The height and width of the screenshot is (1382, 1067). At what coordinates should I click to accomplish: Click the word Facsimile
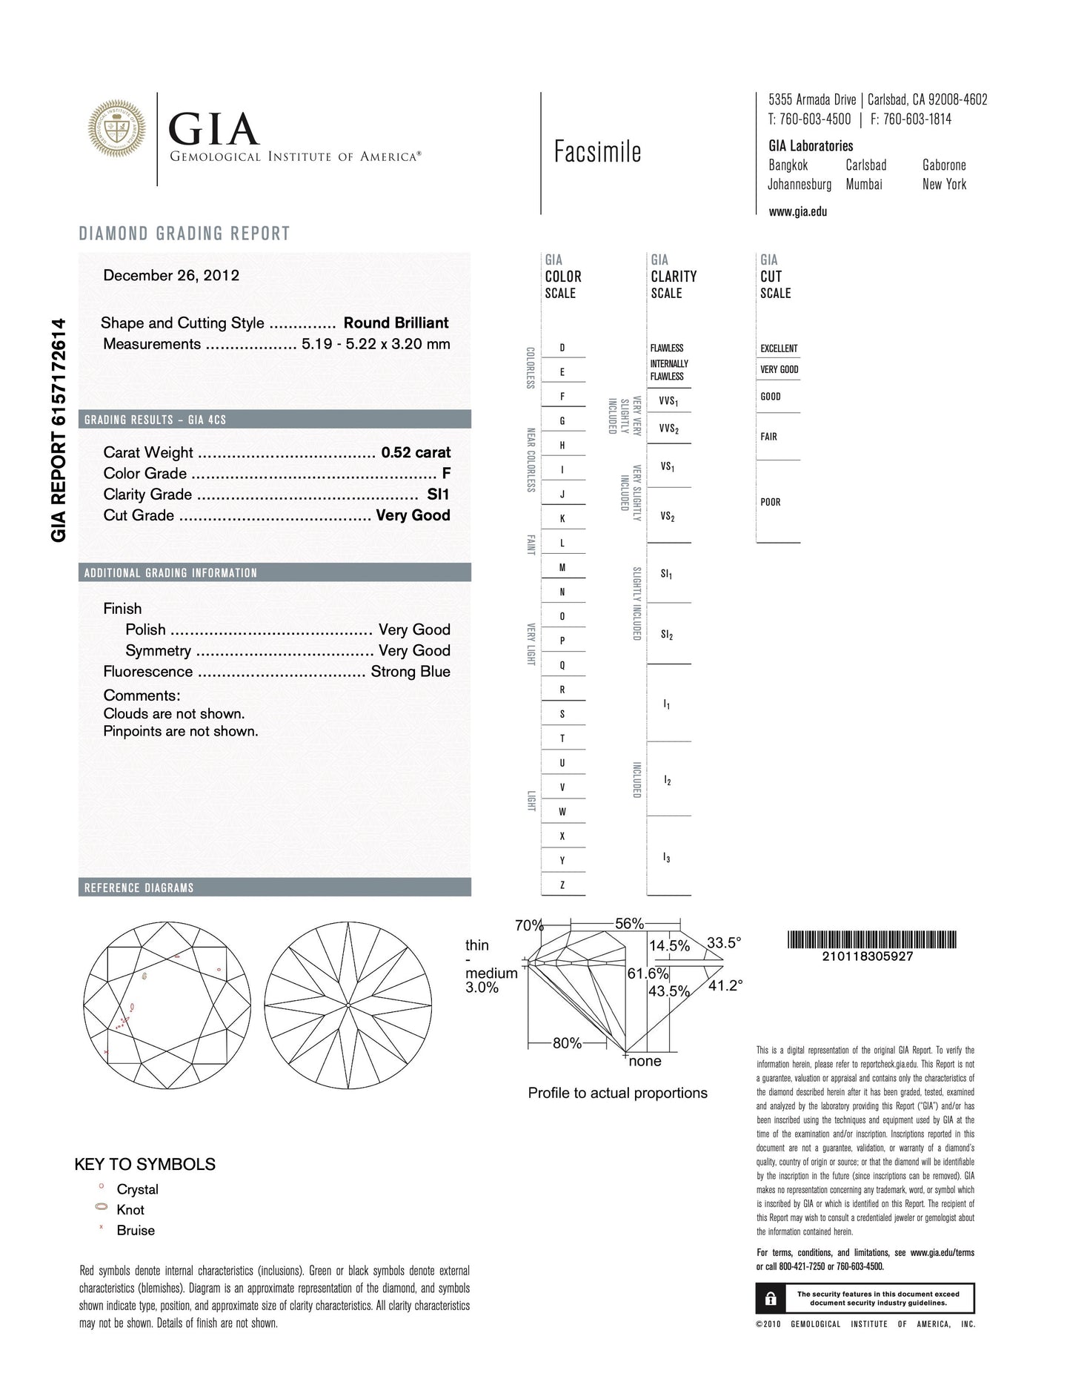[597, 152]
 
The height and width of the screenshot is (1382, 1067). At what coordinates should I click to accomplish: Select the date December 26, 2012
[171, 276]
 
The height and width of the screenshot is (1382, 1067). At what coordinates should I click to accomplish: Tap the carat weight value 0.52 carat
[416, 452]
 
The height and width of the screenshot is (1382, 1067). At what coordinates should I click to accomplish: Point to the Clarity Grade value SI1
[438, 495]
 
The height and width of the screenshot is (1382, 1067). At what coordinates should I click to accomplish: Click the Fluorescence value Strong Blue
[410, 672]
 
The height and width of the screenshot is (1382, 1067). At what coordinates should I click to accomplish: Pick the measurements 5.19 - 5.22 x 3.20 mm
[376, 344]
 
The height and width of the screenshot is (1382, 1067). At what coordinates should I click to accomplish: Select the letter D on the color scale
[562, 348]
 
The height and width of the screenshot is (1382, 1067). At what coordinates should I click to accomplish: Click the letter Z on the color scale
[562, 885]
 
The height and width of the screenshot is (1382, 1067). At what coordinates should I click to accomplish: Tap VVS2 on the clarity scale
[668, 429]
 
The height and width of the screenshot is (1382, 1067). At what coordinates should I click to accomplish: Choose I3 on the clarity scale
[667, 858]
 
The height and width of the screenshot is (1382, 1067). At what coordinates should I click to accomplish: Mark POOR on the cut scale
[771, 502]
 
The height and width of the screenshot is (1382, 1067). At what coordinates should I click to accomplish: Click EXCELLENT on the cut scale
[779, 348]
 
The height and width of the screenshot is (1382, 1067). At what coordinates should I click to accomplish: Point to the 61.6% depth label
[648, 973]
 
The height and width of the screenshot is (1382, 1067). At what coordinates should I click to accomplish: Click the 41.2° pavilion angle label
[725, 985]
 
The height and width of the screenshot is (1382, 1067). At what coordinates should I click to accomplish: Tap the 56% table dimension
[629, 924]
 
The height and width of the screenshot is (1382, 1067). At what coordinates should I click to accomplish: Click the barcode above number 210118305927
[872, 939]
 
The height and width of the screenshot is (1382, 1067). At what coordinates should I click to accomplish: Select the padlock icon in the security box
[771, 1298]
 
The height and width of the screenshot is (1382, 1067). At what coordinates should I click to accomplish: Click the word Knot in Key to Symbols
[130, 1209]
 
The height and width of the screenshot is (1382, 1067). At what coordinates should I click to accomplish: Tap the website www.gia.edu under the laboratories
[798, 211]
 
